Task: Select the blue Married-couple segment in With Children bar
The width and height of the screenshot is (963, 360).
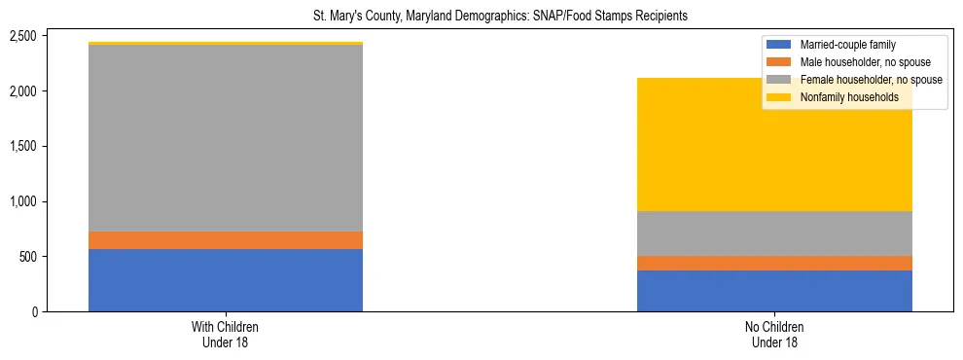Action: pyautogui.click(x=226, y=280)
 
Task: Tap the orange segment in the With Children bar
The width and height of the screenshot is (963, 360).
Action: pyautogui.click(x=226, y=240)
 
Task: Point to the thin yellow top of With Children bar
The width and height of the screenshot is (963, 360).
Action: pyautogui.click(x=226, y=43)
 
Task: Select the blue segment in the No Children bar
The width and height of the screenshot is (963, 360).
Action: pyautogui.click(x=774, y=291)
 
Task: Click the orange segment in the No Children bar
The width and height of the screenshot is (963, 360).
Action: pyautogui.click(x=774, y=263)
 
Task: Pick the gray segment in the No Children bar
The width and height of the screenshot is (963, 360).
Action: pyautogui.click(x=774, y=234)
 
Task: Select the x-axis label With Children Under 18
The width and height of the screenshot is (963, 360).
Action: pyautogui.click(x=226, y=334)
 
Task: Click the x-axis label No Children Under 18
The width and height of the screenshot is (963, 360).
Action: pyautogui.click(x=774, y=334)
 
